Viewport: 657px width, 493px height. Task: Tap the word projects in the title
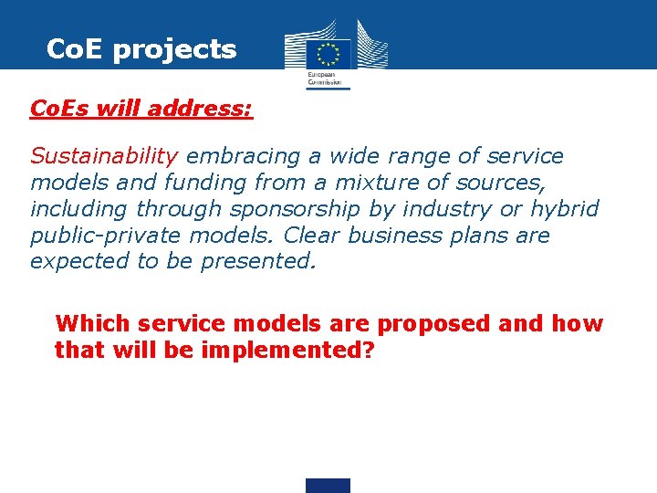(174, 49)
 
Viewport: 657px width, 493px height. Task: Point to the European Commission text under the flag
(328, 79)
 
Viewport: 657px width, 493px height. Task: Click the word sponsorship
(301, 209)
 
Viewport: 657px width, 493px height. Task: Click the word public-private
(106, 236)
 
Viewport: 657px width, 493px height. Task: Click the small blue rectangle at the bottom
(328, 485)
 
